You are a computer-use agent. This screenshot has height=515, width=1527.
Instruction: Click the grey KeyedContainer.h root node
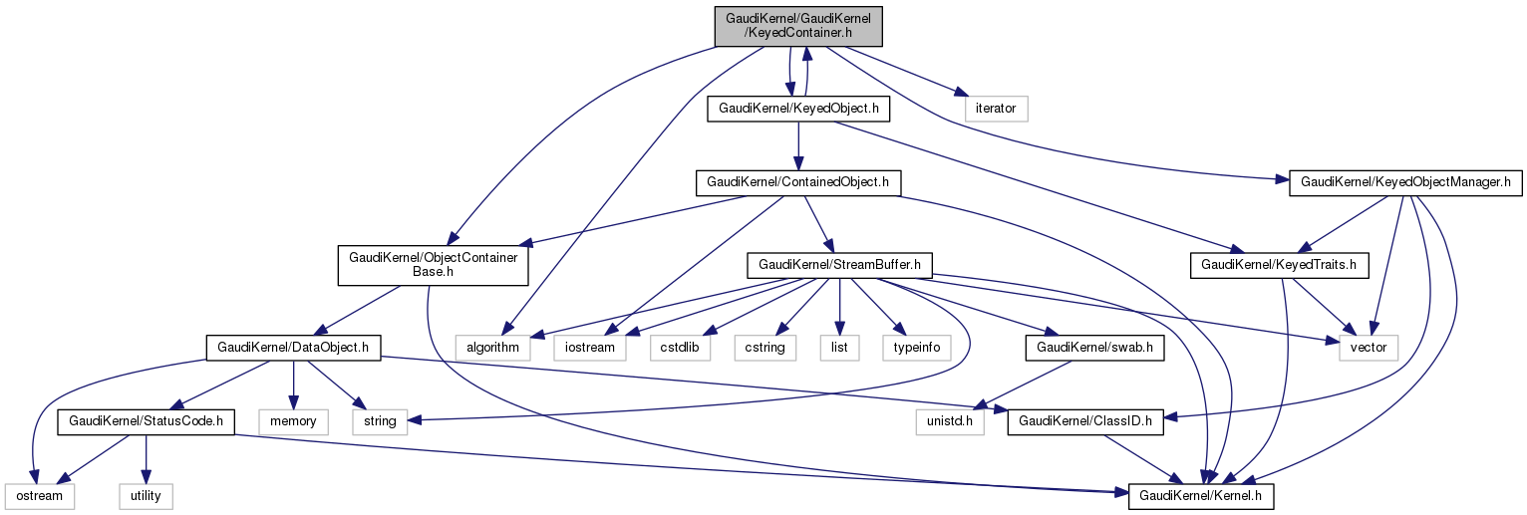(x=797, y=25)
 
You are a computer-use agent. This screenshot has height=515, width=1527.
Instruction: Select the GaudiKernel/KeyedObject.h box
(x=797, y=109)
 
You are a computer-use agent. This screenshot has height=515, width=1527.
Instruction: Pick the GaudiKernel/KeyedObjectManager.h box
(x=1406, y=182)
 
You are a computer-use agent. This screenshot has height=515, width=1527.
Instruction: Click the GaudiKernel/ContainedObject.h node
(x=797, y=182)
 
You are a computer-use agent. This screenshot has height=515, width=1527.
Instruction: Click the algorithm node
(x=488, y=348)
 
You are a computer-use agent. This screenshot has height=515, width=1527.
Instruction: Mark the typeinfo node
(x=916, y=348)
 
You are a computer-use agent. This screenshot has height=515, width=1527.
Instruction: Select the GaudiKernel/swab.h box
(x=1094, y=348)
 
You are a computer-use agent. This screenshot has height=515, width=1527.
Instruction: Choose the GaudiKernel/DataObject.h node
(x=293, y=348)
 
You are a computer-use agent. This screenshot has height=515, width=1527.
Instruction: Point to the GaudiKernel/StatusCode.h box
(x=146, y=421)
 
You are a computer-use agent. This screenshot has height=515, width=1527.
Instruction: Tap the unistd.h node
(x=950, y=421)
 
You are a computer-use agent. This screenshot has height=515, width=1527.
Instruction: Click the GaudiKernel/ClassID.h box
(x=1094, y=421)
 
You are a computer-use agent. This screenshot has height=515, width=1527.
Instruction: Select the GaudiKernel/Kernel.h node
(x=1201, y=495)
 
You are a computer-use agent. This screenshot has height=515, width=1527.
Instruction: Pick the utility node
(x=146, y=495)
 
